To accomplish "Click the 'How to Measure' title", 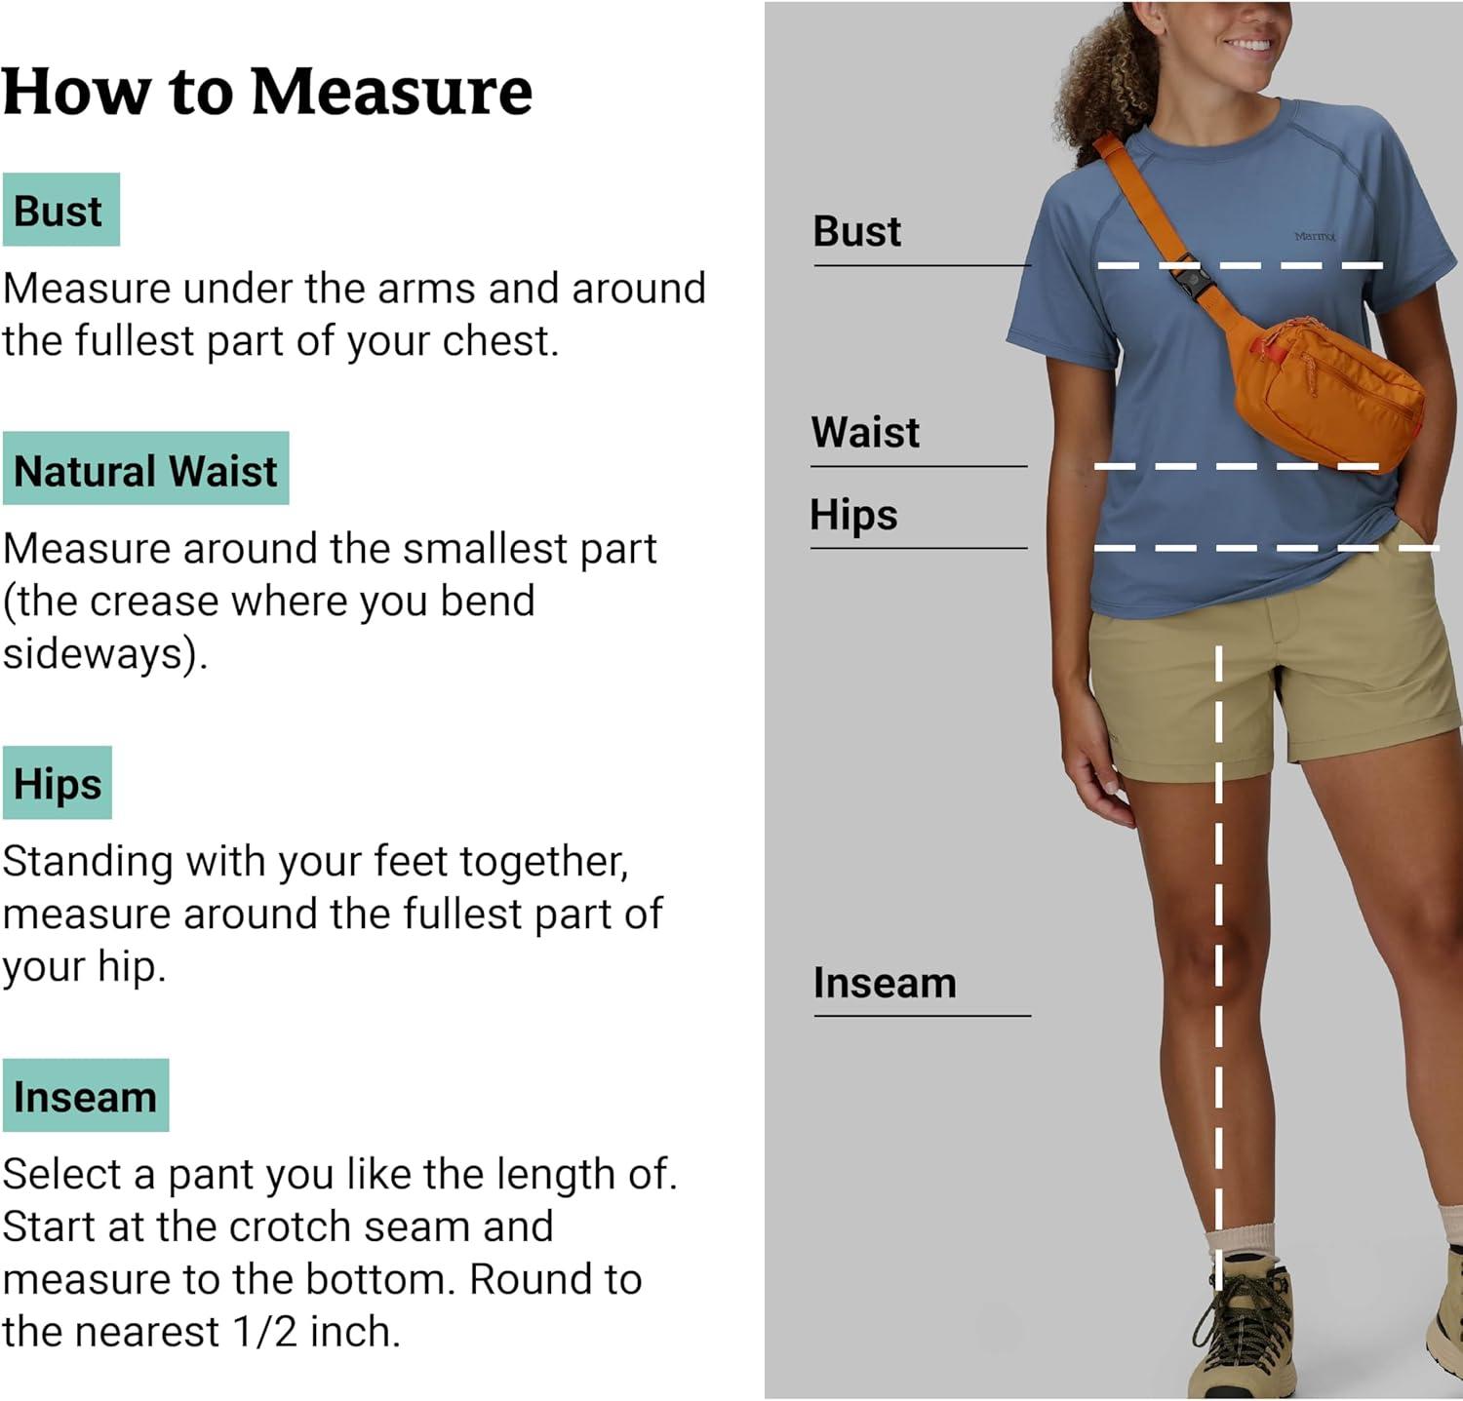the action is tap(267, 92).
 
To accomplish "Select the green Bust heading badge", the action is tap(60, 210).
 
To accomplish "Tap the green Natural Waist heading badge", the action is tap(145, 468).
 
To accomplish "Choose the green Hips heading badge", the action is tap(58, 783).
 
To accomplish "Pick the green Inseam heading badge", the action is tap(86, 1095).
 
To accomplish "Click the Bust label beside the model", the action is tap(857, 232).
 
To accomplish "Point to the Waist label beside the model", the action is tap(865, 432).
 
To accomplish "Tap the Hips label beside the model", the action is tap(853, 515).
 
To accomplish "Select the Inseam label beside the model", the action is tap(885, 983).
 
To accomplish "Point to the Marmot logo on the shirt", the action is tap(1315, 236).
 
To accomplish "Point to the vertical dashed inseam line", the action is tap(1218, 965).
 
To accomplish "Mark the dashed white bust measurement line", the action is tap(1240, 265).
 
